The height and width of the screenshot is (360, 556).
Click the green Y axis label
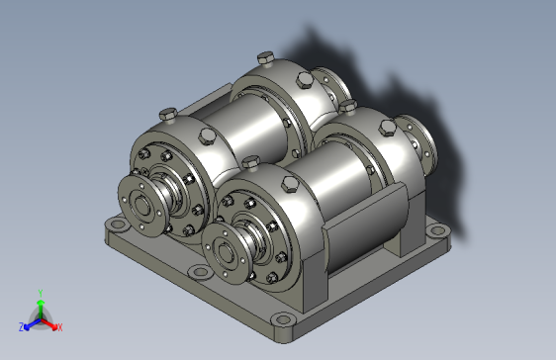click(40, 293)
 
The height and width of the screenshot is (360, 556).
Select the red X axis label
click(59, 326)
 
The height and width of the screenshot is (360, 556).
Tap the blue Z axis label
click(21, 326)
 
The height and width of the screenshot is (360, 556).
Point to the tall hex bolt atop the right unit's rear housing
click(348, 102)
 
